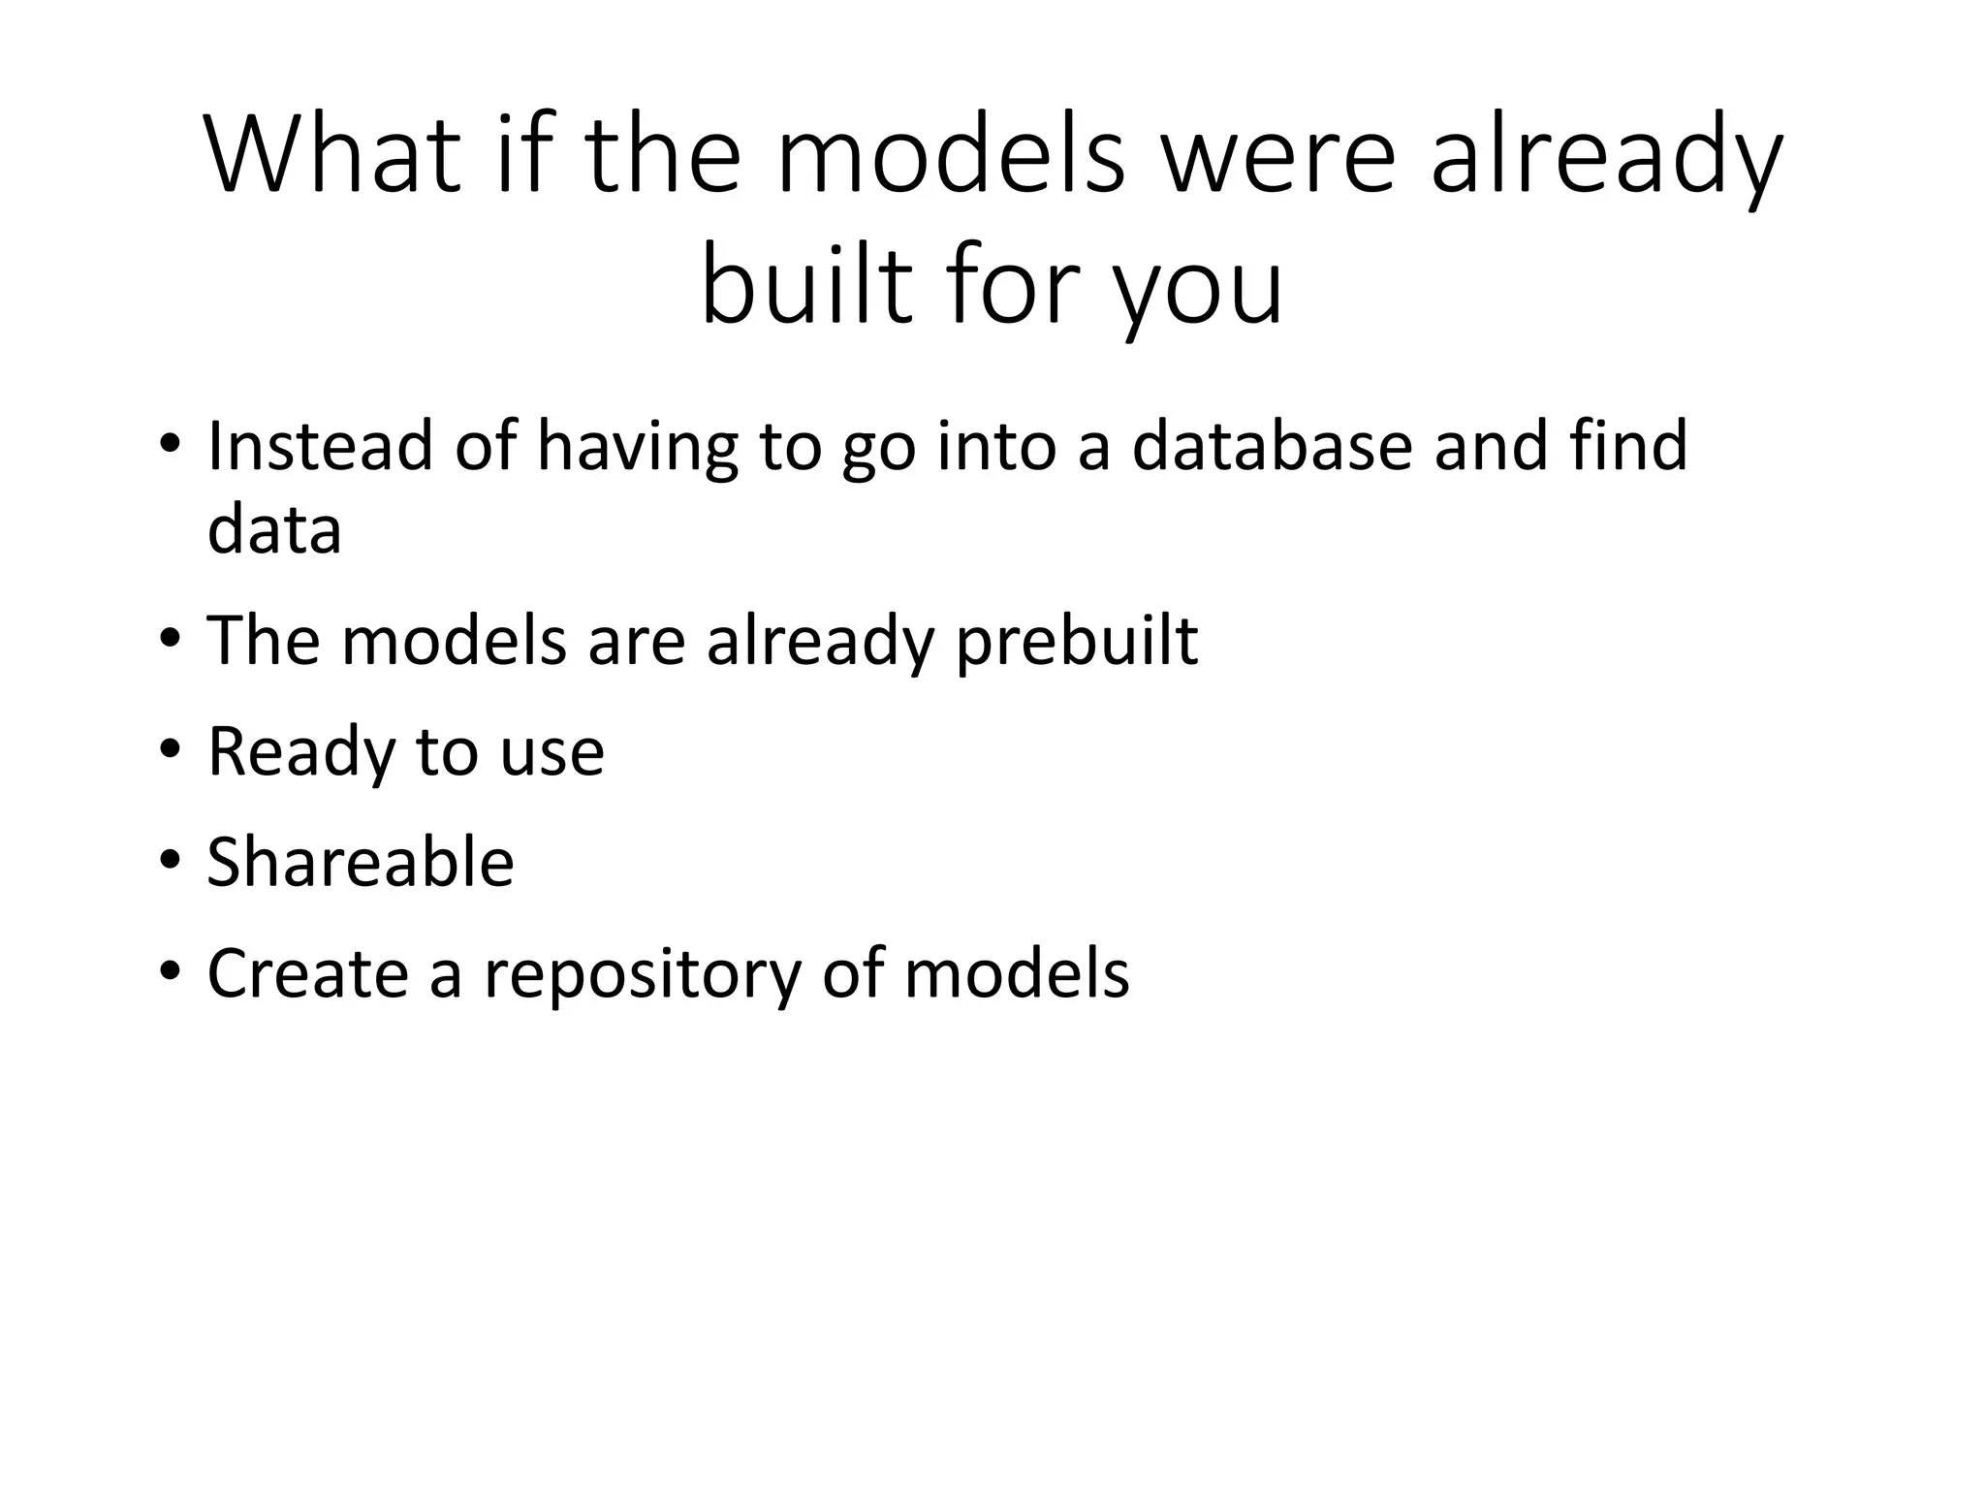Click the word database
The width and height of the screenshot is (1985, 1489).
pyautogui.click(x=1272, y=446)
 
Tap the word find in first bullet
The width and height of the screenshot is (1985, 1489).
pyautogui.click(x=1628, y=446)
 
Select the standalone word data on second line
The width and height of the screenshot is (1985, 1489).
pyautogui.click(x=274, y=531)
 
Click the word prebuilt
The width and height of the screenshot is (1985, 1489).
pyautogui.click(x=1077, y=642)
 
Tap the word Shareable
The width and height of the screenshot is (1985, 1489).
pyautogui.click(x=361, y=862)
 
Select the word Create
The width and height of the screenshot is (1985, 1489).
pyautogui.click(x=307, y=973)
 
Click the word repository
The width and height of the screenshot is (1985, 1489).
pyautogui.click(x=642, y=973)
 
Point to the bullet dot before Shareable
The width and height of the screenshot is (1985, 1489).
pyautogui.click(x=171, y=860)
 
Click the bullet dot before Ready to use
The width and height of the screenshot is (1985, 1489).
pyautogui.click(x=171, y=749)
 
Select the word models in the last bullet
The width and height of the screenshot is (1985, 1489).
pyautogui.click(x=1017, y=973)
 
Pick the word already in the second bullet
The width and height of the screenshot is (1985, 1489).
pyautogui.click(x=819, y=642)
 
